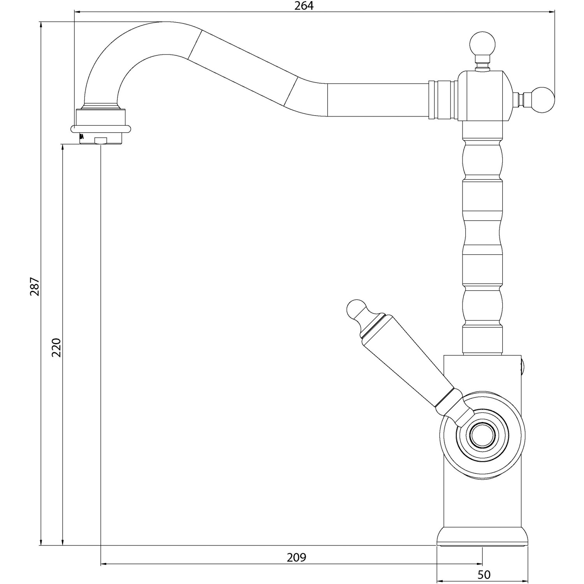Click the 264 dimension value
304,6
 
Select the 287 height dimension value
35,286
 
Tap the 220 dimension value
57,348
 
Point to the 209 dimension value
297,558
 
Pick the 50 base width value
484,574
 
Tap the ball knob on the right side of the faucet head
542,99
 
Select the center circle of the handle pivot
482,434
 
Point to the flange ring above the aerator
101,128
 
